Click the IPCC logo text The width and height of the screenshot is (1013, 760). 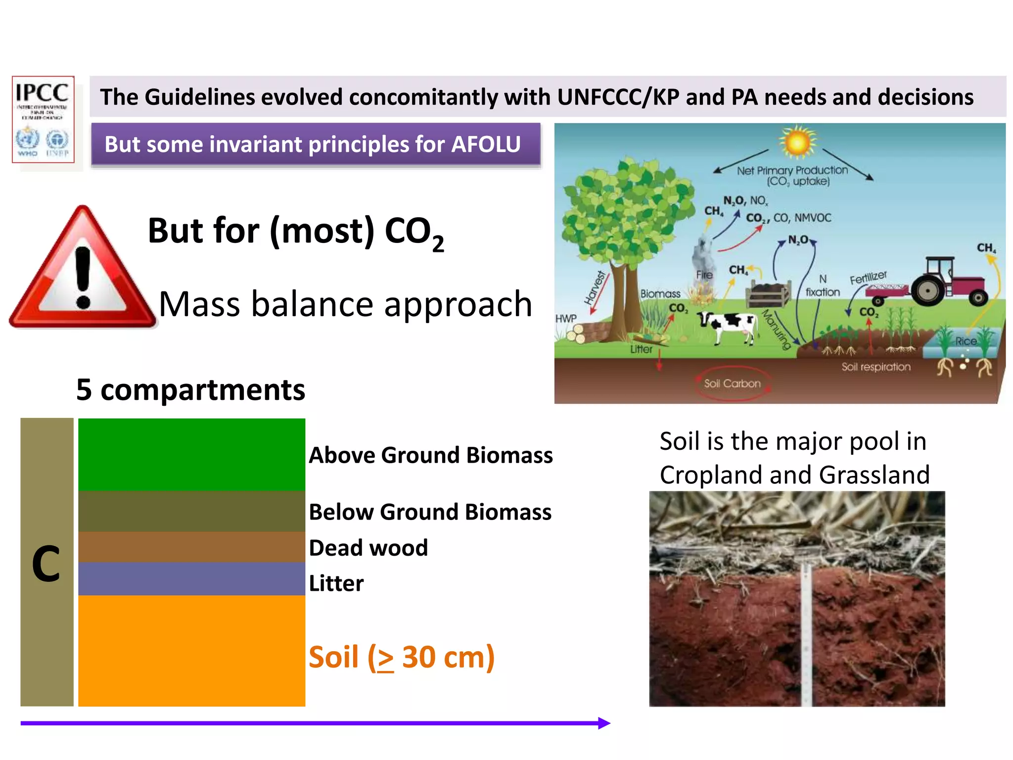click(42, 93)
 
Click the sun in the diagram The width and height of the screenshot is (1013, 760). click(797, 142)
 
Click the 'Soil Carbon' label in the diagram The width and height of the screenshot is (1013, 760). click(732, 383)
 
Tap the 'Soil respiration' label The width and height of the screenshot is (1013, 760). click(875, 367)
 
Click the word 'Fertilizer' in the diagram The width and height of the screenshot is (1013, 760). click(868, 278)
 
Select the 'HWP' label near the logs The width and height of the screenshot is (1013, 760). click(566, 319)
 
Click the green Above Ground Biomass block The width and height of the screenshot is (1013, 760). click(191, 454)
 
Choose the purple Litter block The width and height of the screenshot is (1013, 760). click(191, 578)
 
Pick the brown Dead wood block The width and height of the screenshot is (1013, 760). click(191, 547)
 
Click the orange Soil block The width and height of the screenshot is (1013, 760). click(191, 650)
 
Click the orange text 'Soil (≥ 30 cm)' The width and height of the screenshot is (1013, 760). click(401, 657)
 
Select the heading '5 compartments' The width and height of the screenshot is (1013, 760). click(190, 390)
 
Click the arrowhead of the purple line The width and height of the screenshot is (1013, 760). click(604, 723)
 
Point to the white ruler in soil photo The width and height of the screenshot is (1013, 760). click(806, 638)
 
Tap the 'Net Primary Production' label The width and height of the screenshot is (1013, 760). click(792, 170)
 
